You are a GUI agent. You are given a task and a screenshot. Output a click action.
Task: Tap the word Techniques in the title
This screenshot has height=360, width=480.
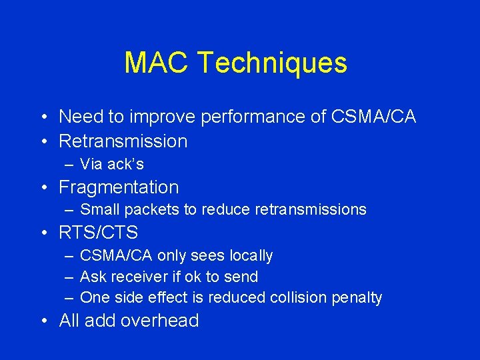click(x=272, y=63)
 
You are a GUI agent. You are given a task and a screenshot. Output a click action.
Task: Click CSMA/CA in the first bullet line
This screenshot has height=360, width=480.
click(x=373, y=117)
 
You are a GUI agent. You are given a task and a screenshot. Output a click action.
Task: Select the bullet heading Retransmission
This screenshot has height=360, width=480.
click(x=123, y=141)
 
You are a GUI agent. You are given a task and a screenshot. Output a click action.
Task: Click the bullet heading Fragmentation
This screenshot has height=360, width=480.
click(x=119, y=187)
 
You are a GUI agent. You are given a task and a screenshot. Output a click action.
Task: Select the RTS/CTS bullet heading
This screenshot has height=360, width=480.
click(x=99, y=233)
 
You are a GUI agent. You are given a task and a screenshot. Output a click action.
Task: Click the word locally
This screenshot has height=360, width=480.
click(x=251, y=255)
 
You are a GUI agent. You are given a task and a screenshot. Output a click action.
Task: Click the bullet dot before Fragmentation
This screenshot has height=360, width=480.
click(x=44, y=188)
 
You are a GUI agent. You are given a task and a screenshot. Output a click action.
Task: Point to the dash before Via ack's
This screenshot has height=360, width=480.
click(x=69, y=164)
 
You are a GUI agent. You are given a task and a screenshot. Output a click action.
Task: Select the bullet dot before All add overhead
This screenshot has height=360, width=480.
click(x=44, y=321)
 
